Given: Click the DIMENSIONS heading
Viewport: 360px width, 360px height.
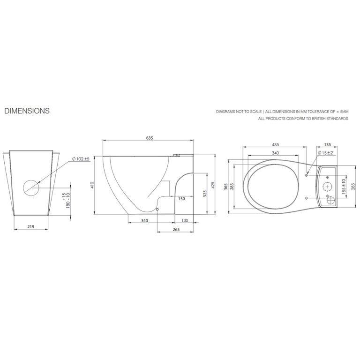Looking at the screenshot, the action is (x=27, y=111).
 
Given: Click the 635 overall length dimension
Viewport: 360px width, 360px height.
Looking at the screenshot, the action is (x=150, y=138).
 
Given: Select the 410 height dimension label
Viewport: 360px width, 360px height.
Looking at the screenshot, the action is (x=92, y=185).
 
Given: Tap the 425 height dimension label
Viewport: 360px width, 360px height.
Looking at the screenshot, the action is (x=213, y=185).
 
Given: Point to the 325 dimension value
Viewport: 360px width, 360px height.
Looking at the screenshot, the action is (x=205, y=194).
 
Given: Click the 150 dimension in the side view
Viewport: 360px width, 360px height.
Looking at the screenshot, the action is (x=181, y=199).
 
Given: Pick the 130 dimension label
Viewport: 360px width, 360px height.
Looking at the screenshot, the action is (x=185, y=220).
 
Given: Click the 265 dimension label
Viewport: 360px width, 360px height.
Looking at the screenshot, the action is (x=176, y=229).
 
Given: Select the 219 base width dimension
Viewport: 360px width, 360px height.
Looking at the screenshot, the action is (x=31, y=226).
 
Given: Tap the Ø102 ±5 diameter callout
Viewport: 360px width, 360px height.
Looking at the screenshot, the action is (x=81, y=159).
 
